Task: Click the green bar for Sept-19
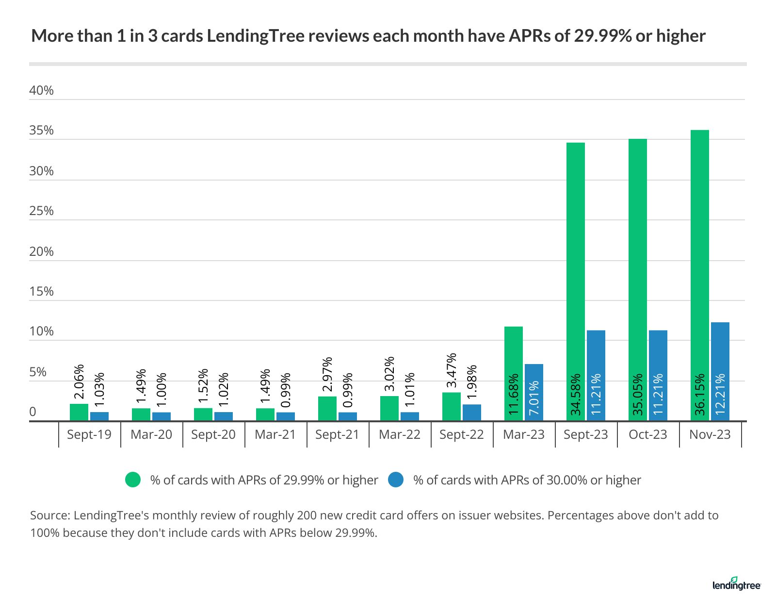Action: point(79,412)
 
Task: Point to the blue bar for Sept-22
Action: point(471,412)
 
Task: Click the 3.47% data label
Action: point(452,370)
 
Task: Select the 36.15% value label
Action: point(699,394)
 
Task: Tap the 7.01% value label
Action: point(533,398)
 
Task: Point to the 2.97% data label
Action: point(327,374)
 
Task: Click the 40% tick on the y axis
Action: point(41,91)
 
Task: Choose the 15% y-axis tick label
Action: point(41,291)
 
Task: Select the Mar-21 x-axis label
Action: point(275,434)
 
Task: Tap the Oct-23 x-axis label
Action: point(647,434)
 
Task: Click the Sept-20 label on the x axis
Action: point(213,434)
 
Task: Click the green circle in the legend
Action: point(133,480)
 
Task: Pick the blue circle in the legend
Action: point(396,480)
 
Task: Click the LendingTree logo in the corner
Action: point(736,584)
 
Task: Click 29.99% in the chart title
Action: point(602,36)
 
